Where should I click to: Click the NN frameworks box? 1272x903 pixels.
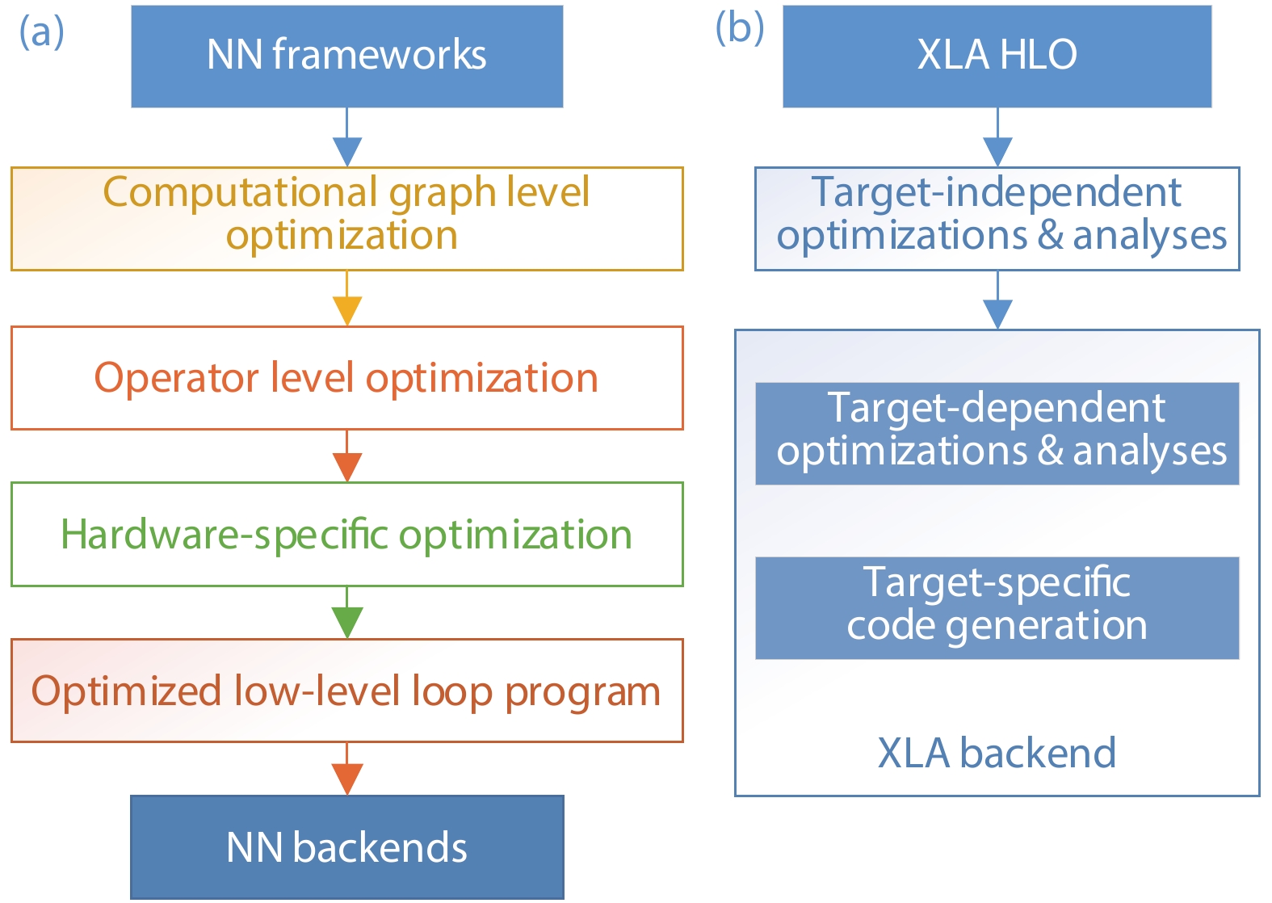tap(346, 56)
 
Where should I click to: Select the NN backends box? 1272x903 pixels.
tap(346, 847)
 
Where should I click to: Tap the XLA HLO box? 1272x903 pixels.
tap(997, 56)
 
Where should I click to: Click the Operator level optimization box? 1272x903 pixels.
tap(346, 378)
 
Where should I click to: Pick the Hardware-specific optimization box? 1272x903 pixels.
tap(346, 535)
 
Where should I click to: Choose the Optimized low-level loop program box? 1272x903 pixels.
tap(346, 691)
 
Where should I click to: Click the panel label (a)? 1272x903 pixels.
tap(41, 32)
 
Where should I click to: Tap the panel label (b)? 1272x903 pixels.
tap(739, 28)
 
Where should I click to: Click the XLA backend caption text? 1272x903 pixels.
tap(997, 753)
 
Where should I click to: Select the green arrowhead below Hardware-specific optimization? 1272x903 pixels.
tap(346, 623)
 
